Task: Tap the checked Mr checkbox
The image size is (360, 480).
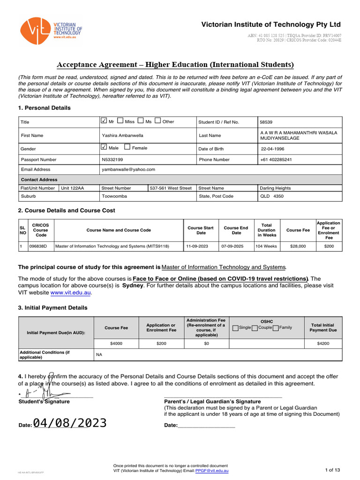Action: coord(104,121)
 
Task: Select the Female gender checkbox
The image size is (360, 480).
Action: coord(127,148)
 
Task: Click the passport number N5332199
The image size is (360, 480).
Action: coord(112,160)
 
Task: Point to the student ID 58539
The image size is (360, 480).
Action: coord(267,122)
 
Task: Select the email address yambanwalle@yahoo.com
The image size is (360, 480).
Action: coord(128,170)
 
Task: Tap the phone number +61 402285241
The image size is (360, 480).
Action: coord(276,160)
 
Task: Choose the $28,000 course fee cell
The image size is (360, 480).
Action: coord(298,246)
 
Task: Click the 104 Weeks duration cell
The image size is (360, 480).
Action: coord(267,246)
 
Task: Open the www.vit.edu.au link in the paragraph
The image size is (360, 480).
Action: coord(70,292)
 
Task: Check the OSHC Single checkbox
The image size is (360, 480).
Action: coord(235,328)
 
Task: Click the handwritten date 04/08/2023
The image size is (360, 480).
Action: coord(70,423)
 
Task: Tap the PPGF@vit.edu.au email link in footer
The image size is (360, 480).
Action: coord(212,470)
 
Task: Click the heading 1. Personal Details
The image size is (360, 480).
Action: coord(44,108)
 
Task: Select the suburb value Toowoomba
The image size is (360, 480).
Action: coord(114,196)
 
